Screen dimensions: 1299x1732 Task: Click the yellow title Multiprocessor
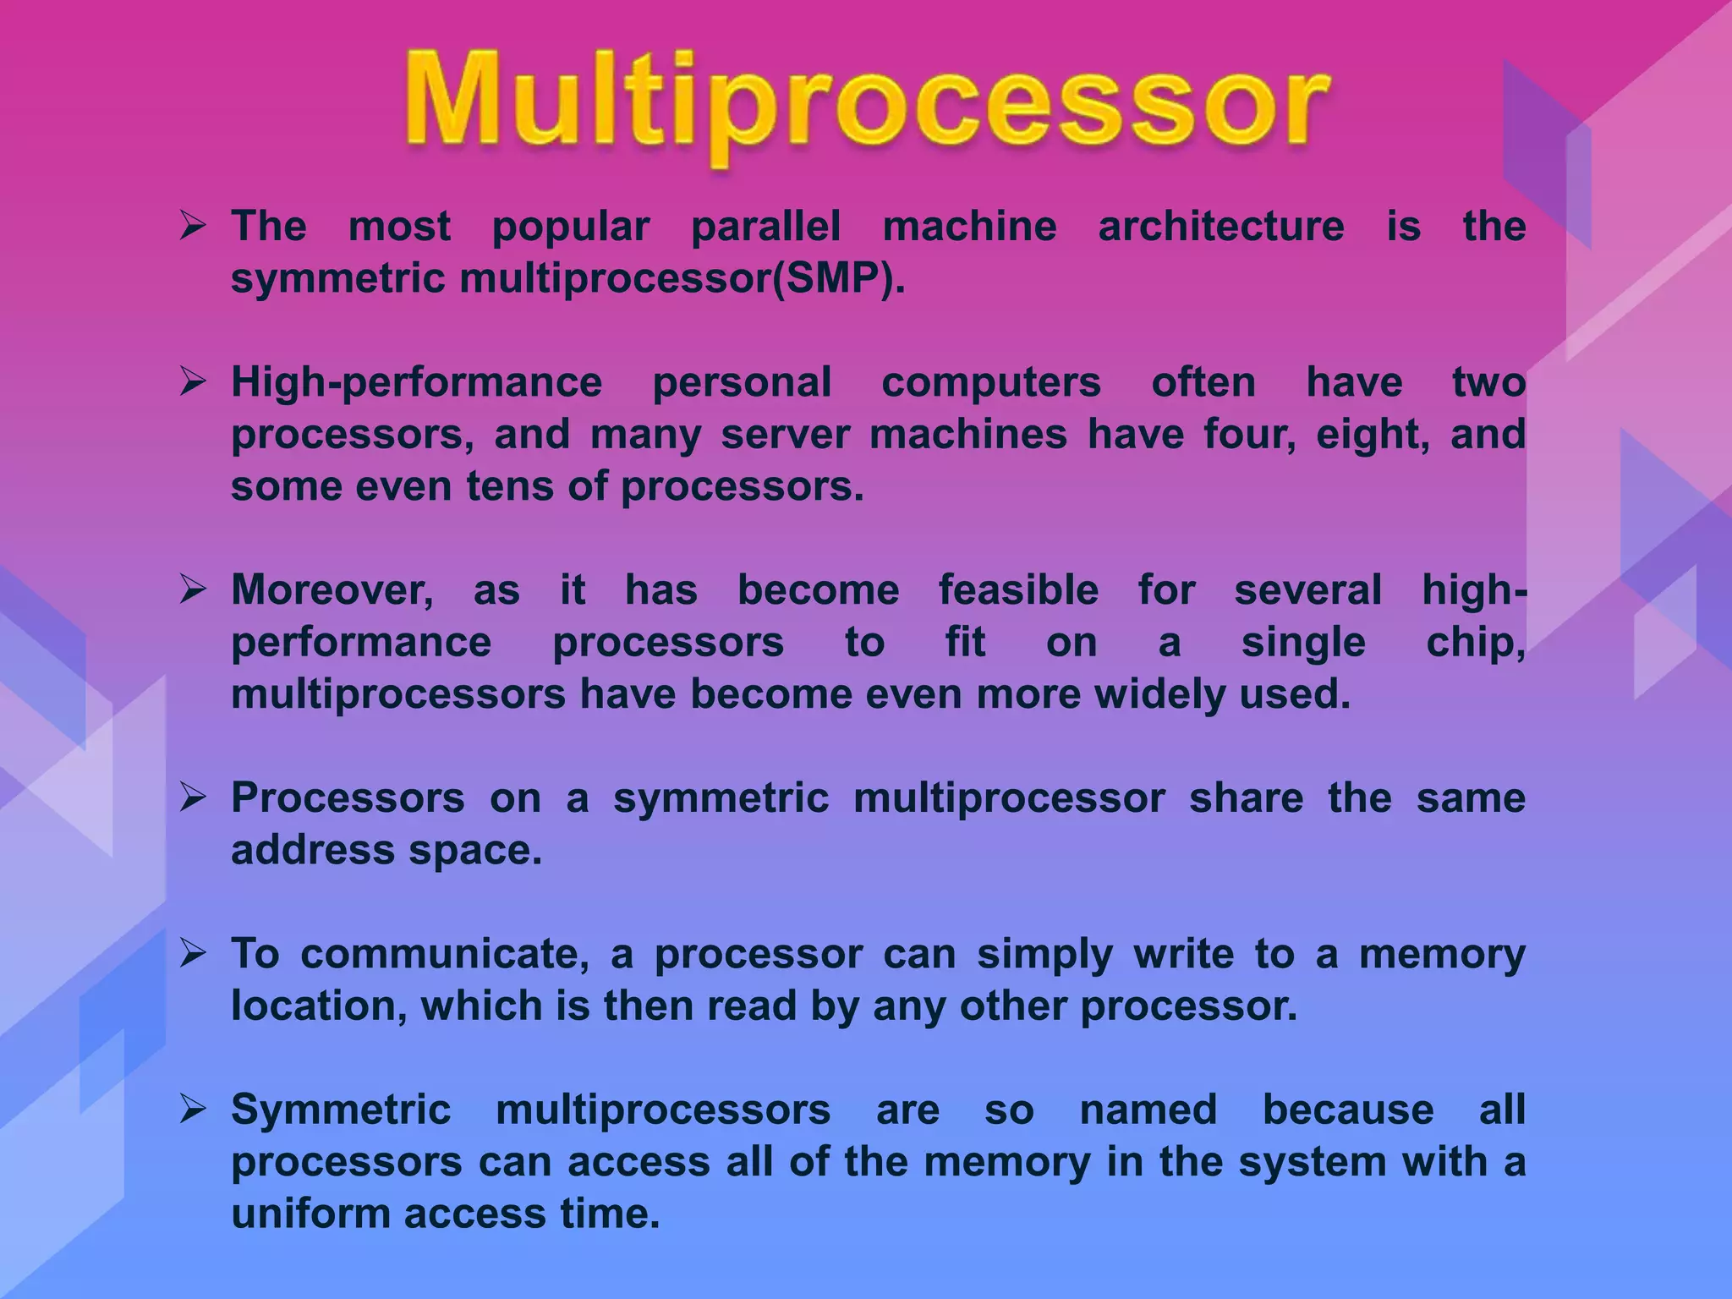click(x=866, y=106)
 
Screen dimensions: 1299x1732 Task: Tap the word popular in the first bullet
click(x=571, y=227)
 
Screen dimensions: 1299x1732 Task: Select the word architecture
click(x=1220, y=227)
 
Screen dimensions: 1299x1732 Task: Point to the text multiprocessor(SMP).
click(x=682, y=279)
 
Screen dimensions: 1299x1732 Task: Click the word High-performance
click(x=416, y=383)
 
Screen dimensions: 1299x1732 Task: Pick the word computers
click(x=991, y=383)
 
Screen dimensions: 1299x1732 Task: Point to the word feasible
click(x=1018, y=590)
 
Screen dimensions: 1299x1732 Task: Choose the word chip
click(x=1475, y=643)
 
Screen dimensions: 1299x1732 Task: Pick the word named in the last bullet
click(x=1148, y=1110)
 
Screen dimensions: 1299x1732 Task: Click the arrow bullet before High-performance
click(x=193, y=382)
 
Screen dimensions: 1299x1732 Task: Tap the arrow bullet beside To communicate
click(x=193, y=954)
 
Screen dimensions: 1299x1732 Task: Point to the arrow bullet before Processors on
click(x=193, y=797)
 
